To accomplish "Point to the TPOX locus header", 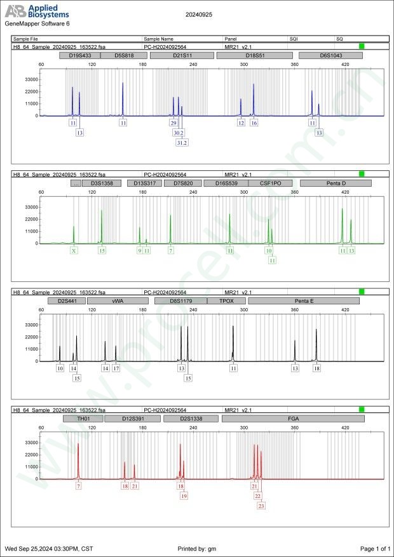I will point(226,300).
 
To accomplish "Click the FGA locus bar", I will point(293,419).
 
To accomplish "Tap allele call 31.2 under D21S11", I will point(182,143).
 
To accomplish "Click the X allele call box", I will point(74,251).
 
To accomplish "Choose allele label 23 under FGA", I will point(261,506).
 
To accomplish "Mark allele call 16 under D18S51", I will point(254,123).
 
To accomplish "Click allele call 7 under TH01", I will point(78,486).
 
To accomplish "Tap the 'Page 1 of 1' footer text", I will point(374,548).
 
